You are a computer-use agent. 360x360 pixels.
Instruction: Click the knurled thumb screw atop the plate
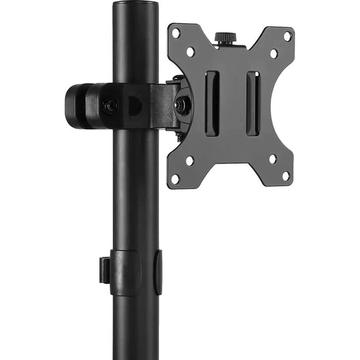[225, 37]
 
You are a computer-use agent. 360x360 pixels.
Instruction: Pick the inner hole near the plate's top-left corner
[190, 52]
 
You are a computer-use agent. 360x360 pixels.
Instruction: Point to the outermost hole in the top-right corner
[287, 36]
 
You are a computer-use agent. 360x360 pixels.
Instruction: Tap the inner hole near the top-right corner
[273, 54]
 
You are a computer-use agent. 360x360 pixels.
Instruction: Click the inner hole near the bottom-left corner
[189, 161]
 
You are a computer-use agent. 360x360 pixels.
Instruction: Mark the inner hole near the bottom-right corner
[272, 159]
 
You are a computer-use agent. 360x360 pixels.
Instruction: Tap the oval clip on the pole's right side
[158, 271]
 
